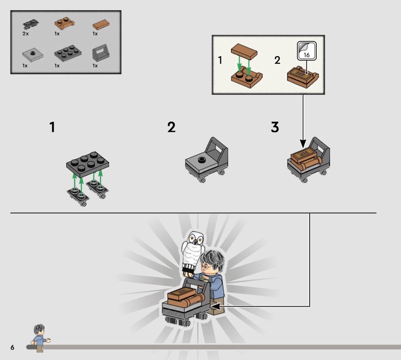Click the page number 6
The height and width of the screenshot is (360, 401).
(x=12, y=347)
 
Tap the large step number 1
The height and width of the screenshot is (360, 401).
(x=52, y=127)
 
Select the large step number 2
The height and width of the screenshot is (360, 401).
(x=171, y=127)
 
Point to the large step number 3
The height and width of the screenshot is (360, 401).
(x=275, y=127)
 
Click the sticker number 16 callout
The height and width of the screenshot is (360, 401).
(x=307, y=51)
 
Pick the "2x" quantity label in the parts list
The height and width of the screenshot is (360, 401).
(x=26, y=34)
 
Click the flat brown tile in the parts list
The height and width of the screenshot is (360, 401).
(x=101, y=25)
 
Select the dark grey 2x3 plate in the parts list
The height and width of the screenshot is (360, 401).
(x=68, y=53)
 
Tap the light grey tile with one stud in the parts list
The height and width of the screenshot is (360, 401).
(x=33, y=55)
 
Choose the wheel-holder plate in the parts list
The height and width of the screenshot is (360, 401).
(x=31, y=24)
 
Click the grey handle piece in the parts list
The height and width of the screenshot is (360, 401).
(x=101, y=53)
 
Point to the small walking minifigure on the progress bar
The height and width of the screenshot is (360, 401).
(x=40, y=338)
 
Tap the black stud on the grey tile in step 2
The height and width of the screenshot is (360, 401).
(x=202, y=160)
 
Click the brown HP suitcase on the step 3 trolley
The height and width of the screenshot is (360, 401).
(x=304, y=155)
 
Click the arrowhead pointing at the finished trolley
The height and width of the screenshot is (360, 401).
(x=216, y=306)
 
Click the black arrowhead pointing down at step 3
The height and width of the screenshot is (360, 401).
(x=303, y=143)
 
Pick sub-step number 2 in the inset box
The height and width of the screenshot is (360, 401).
(x=277, y=60)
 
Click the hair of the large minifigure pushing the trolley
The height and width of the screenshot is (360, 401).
(x=213, y=258)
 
